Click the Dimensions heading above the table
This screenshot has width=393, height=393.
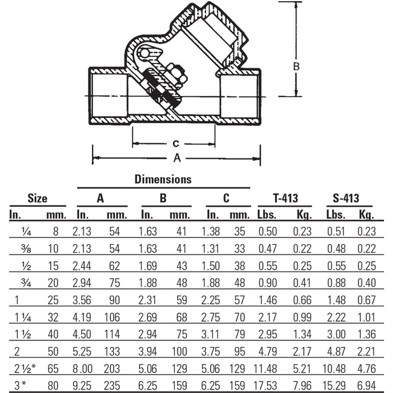pyautogui.click(x=163, y=179)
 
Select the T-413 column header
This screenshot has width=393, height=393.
pyautogui.click(x=285, y=198)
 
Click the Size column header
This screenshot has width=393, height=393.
pyautogui.click(x=37, y=198)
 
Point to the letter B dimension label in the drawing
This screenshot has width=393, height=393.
pyautogui.click(x=296, y=67)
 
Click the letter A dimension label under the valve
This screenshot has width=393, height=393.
pyautogui.click(x=177, y=158)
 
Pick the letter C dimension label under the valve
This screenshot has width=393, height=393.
pyautogui.click(x=175, y=144)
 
